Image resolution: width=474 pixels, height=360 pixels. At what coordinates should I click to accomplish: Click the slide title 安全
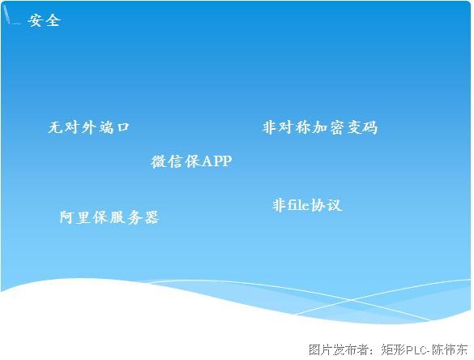click(45, 20)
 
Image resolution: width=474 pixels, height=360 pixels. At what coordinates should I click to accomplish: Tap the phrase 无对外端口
click(88, 127)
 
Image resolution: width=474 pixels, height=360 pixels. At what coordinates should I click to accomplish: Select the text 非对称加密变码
click(320, 127)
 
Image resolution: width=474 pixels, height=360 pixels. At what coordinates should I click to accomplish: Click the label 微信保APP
click(191, 161)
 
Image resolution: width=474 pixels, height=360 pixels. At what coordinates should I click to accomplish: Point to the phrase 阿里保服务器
click(109, 217)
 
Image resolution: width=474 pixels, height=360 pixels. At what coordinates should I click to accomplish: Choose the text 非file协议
click(307, 205)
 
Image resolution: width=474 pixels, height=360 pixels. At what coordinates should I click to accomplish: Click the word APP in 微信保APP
click(216, 161)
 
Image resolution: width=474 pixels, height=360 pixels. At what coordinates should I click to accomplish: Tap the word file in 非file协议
click(298, 205)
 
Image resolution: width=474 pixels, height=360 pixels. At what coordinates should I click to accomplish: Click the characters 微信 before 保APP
click(167, 161)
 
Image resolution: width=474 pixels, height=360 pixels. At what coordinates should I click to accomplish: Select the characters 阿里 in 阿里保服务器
click(75, 217)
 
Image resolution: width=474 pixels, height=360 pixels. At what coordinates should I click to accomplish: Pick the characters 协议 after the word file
click(327, 205)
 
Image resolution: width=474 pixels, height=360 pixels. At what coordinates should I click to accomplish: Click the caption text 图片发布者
click(338, 349)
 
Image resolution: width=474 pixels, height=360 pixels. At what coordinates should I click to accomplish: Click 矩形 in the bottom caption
click(393, 349)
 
